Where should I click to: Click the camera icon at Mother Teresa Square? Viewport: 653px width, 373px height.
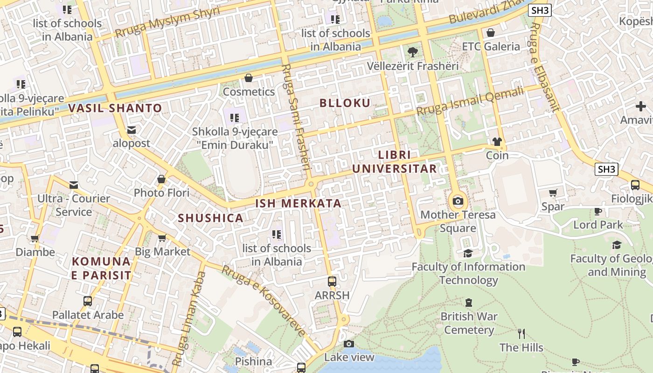(x=458, y=201)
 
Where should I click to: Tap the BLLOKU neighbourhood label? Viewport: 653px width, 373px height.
(x=345, y=103)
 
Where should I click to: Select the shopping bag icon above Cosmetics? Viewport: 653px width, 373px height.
(x=249, y=78)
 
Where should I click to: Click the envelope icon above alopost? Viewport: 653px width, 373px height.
(x=132, y=130)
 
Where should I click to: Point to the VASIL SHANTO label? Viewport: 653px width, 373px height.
(x=115, y=108)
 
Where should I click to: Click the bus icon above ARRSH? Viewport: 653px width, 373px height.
(x=332, y=282)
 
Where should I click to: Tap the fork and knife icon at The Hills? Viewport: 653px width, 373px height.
(x=521, y=334)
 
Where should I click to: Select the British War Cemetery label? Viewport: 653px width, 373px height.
(x=469, y=323)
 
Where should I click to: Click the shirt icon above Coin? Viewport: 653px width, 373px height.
(x=497, y=142)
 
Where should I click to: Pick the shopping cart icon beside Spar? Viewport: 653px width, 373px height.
(x=553, y=193)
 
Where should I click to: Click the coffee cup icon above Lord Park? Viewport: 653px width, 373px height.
(x=598, y=212)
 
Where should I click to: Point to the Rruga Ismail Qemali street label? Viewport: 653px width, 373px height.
(x=470, y=102)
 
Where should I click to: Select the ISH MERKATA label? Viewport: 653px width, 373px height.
(x=299, y=204)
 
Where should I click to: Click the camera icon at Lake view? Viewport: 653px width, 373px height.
(x=349, y=344)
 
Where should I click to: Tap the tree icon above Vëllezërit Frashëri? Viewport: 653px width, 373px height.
(x=412, y=52)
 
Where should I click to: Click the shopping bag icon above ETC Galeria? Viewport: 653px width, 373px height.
(x=490, y=33)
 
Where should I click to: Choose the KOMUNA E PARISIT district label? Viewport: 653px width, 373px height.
(x=101, y=268)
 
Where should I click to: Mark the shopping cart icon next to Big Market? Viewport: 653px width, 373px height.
(x=162, y=238)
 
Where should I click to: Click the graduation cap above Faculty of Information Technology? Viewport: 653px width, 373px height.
(x=468, y=253)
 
